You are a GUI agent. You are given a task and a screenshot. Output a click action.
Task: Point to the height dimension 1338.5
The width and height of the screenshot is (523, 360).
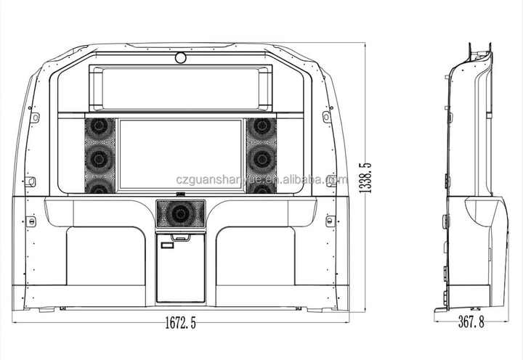click(367, 179)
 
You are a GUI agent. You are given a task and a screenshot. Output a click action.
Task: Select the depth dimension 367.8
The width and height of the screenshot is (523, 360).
click(470, 322)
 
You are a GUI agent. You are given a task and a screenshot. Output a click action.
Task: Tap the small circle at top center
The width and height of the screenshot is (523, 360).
click(180, 57)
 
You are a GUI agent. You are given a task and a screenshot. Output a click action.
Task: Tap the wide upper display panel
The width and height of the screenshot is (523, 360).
click(181, 85)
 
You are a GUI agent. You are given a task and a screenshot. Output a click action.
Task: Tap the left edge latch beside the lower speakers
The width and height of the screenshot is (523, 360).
click(30, 181)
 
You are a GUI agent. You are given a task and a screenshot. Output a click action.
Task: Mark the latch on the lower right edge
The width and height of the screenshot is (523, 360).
click(331, 219)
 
